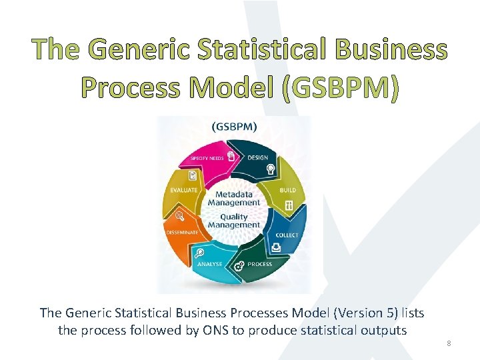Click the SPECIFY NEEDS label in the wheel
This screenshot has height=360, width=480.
207,158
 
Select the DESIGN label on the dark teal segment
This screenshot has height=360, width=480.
258,158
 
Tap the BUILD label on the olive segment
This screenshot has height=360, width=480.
288,190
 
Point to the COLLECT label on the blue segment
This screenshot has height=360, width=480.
287,235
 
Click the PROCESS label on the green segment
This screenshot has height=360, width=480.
259,264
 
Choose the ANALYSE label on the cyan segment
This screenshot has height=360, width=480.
209,264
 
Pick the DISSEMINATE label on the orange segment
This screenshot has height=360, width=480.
181,232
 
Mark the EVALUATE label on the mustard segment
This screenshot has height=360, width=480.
184,190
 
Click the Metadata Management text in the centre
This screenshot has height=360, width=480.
233,199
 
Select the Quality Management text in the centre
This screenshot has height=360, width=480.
233,221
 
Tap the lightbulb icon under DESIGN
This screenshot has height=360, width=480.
271,169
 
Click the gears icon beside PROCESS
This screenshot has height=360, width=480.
239,266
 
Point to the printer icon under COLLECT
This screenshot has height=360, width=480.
276,247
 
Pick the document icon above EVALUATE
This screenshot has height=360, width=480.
193,176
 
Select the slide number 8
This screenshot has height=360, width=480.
449,343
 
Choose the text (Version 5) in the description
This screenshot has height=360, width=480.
365,313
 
